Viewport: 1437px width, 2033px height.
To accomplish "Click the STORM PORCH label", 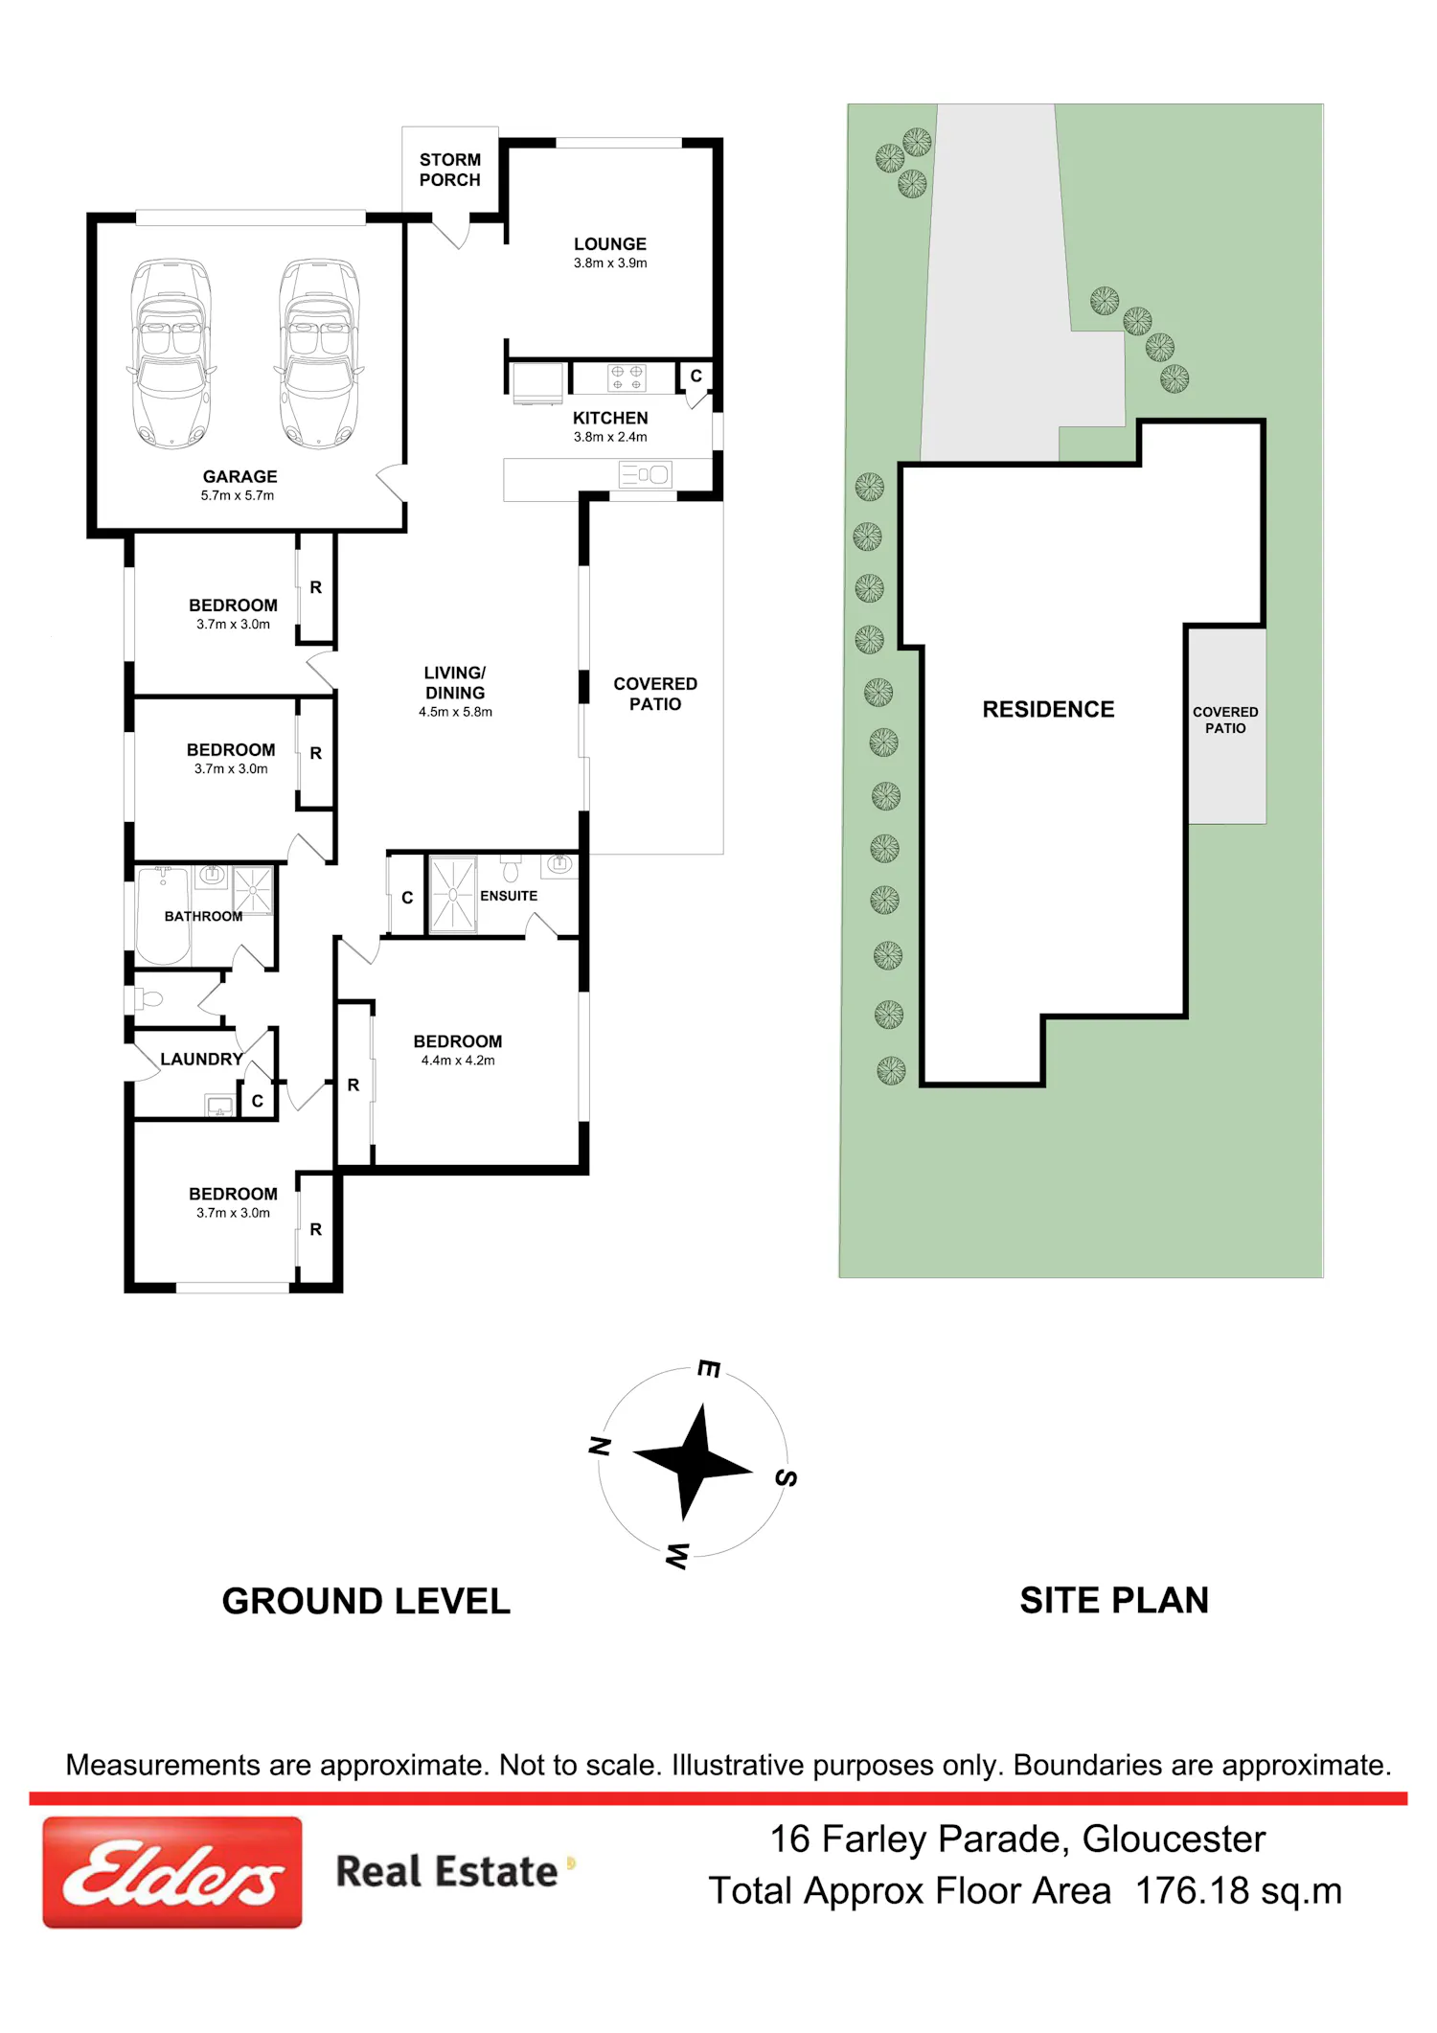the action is click(450, 170).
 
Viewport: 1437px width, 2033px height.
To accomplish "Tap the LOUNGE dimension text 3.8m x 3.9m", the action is click(610, 263).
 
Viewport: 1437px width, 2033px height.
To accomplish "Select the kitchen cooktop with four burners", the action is click(627, 377).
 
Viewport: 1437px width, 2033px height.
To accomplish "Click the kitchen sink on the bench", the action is click(646, 474).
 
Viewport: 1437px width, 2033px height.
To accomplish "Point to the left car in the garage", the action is click(171, 353).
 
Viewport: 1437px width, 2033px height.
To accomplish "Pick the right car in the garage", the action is click(320, 353).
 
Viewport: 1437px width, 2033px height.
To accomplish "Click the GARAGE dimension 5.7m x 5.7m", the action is click(238, 496).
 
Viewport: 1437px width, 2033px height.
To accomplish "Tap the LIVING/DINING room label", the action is click(455, 682).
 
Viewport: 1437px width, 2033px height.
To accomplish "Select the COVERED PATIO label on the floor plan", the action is click(655, 694).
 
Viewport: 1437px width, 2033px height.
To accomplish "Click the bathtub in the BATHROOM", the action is click(163, 915).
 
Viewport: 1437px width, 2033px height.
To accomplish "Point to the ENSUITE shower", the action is click(453, 895).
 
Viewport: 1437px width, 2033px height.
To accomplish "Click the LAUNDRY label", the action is click(201, 1060).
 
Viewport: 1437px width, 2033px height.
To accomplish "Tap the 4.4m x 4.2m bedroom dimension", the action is click(458, 1061).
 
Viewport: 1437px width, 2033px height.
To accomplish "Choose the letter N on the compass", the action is click(600, 1446).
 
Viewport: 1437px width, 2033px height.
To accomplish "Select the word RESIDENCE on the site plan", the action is click(1048, 710).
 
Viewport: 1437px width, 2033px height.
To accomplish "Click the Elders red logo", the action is click(172, 1872).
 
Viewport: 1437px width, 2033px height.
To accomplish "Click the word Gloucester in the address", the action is click(1174, 1839).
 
